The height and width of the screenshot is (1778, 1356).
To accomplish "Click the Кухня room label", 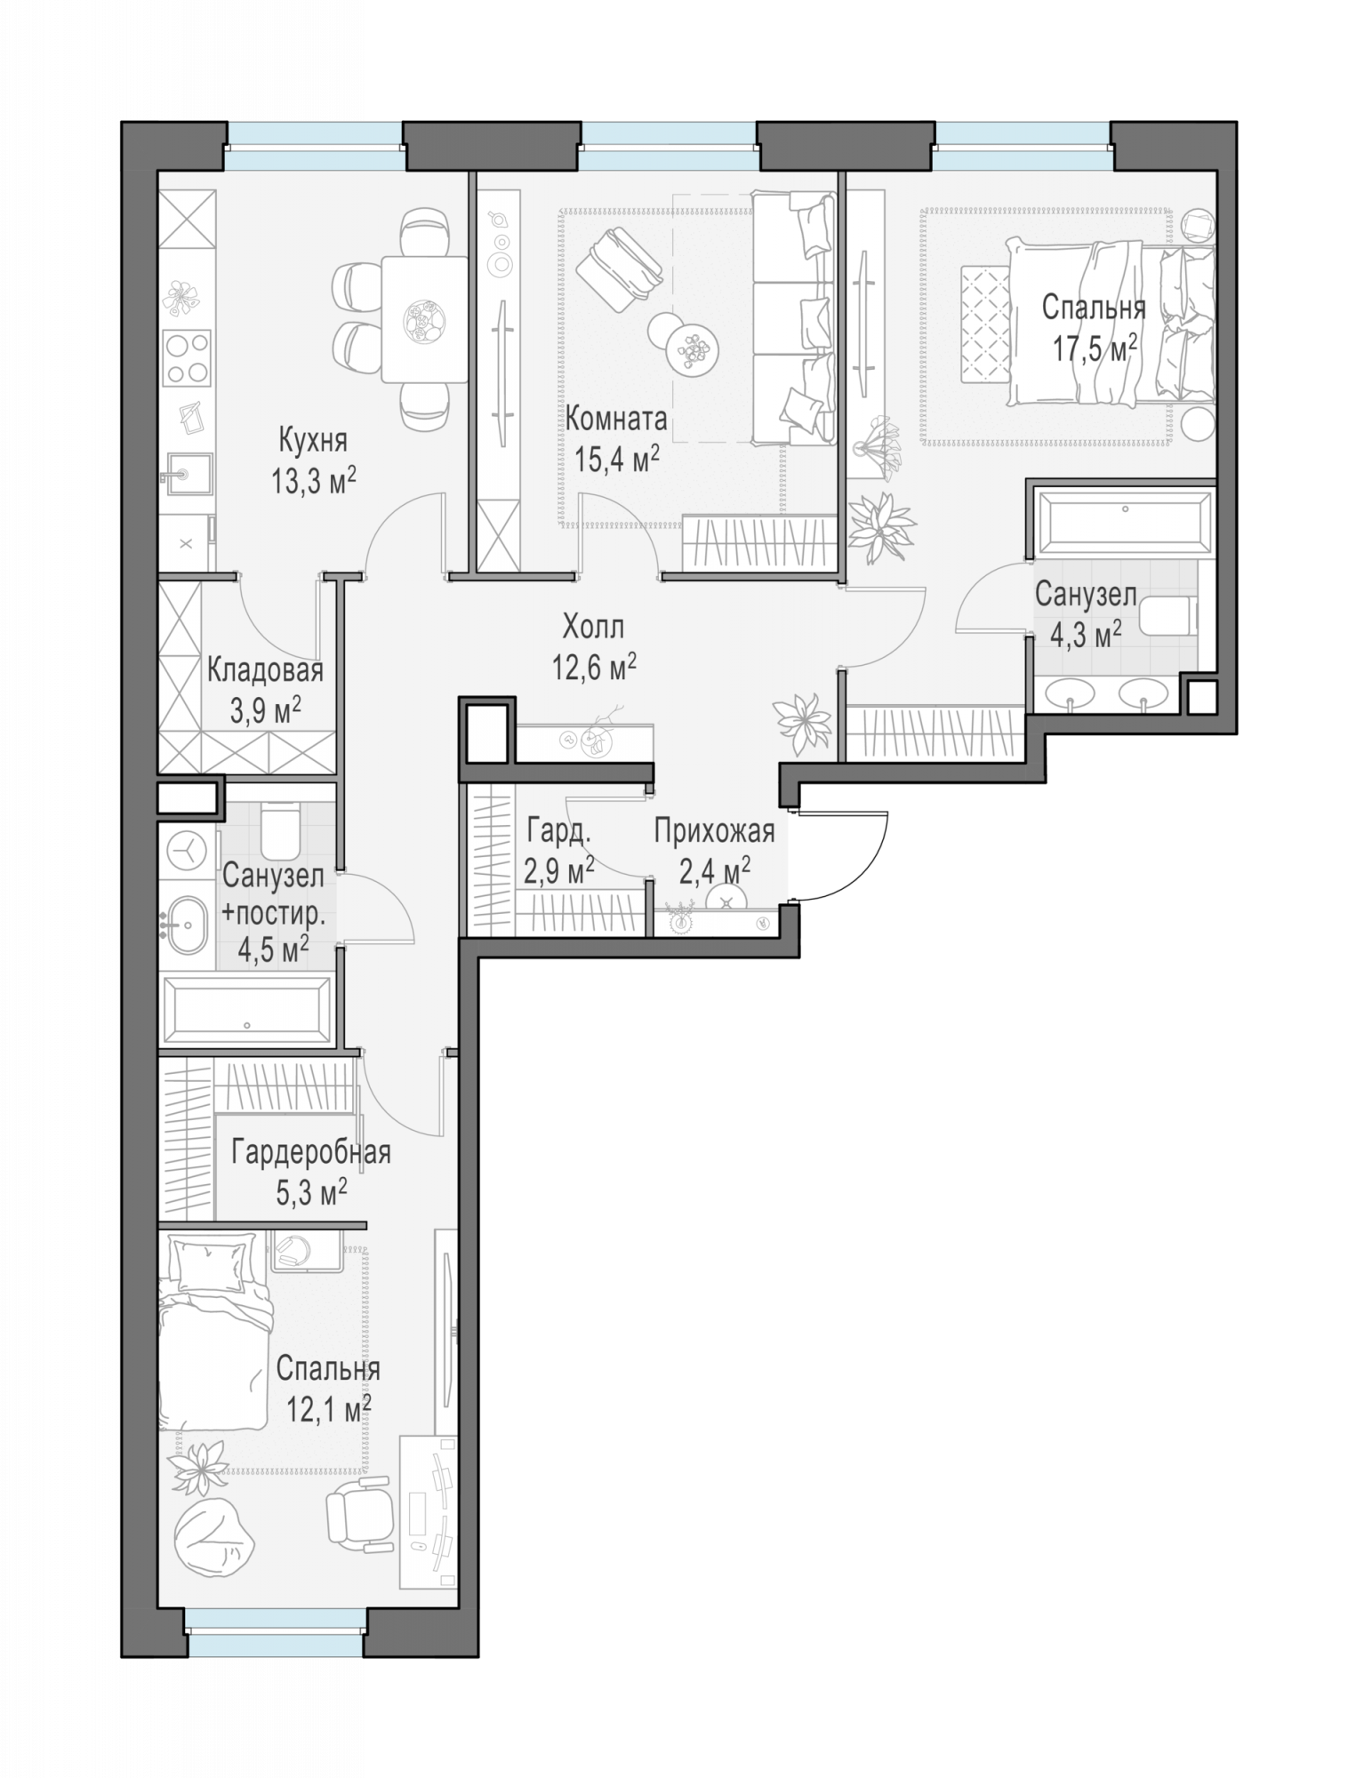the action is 313,439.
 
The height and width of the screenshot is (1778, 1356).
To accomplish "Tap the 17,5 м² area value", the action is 1095,348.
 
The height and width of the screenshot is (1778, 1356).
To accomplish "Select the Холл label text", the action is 593,627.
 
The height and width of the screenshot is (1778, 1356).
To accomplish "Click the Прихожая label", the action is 715,832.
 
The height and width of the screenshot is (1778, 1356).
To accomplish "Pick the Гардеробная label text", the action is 311,1152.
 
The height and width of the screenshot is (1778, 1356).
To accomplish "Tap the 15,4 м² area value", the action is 617,459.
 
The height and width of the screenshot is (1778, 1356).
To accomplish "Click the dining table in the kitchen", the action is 424,319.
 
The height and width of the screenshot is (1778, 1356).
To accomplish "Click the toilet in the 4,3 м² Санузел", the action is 1167,616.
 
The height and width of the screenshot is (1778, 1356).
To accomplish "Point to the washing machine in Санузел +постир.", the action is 187,852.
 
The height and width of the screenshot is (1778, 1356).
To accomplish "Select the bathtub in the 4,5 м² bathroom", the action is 247,1010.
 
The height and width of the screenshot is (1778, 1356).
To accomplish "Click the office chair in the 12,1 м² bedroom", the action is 359,1513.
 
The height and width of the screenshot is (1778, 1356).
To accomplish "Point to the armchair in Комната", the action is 620,268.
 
